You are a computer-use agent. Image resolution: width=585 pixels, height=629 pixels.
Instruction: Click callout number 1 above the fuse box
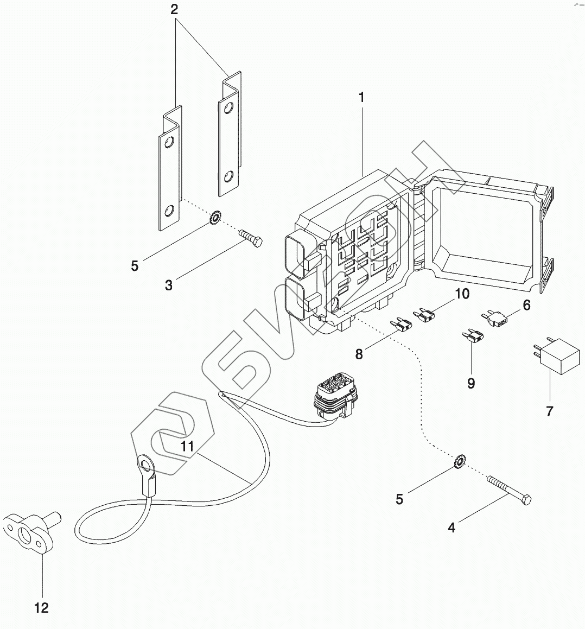click(361, 98)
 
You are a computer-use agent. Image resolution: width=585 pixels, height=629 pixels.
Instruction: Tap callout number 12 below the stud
click(42, 608)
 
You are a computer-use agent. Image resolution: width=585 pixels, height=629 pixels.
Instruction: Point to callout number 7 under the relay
click(549, 412)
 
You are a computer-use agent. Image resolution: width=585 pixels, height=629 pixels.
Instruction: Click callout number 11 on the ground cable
click(187, 446)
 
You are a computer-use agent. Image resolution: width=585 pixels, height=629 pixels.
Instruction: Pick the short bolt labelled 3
click(250, 238)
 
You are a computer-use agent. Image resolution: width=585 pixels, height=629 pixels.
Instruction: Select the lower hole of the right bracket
click(229, 176)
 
